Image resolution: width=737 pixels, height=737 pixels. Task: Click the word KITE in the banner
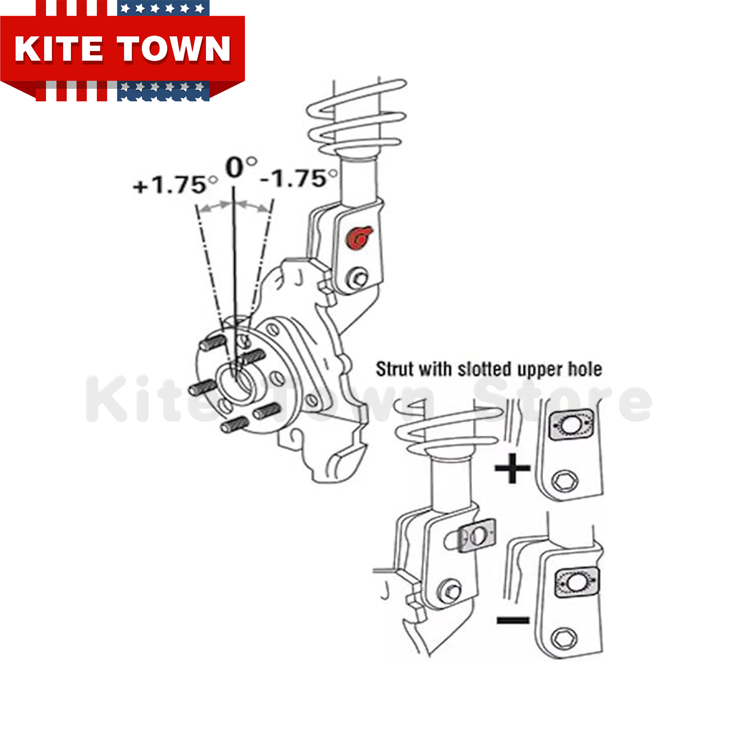58,49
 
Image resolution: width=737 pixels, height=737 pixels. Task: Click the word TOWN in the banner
174,49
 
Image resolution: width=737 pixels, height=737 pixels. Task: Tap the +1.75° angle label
175,185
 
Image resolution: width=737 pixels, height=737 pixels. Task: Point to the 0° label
240,167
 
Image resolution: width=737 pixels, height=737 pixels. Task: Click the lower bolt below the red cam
358,278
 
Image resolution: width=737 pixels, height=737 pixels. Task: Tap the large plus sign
512,468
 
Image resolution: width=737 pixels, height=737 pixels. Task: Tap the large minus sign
513,620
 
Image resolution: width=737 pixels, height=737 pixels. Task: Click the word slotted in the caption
484,369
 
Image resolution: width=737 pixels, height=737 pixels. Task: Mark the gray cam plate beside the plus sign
571,425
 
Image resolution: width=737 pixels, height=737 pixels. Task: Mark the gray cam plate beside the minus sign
576,583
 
